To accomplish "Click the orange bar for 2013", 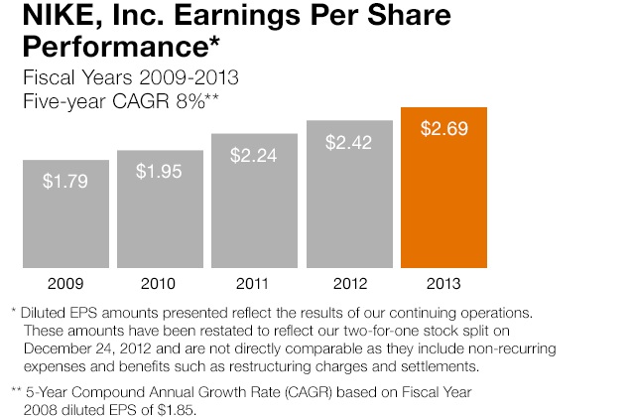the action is [x=443, y=188].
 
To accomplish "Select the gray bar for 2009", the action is [x=65, y=213].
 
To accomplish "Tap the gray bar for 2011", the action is [x=254, y=201].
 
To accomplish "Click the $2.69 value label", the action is [x=443, y=129].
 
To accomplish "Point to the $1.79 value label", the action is [x=65, y=181].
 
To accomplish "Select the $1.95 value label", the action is [x=159, y=172].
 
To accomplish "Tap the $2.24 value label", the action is [x=254, y=155].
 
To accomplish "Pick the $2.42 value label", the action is [x=349, y=142].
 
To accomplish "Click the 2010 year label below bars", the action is [x=158, y=284].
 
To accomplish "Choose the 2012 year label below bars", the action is [x=350, y=284].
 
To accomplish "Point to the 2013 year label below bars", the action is [x=443, y=284].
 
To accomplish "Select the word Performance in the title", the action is [x=116, y=47].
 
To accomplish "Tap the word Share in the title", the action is [x=410, y=15].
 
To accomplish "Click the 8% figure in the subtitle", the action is [x=190, y=101].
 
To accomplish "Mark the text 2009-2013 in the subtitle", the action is [x=189, y=77].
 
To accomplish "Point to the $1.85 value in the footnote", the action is [x=177, y=410].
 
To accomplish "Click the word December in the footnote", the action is [x=57, y=348].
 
